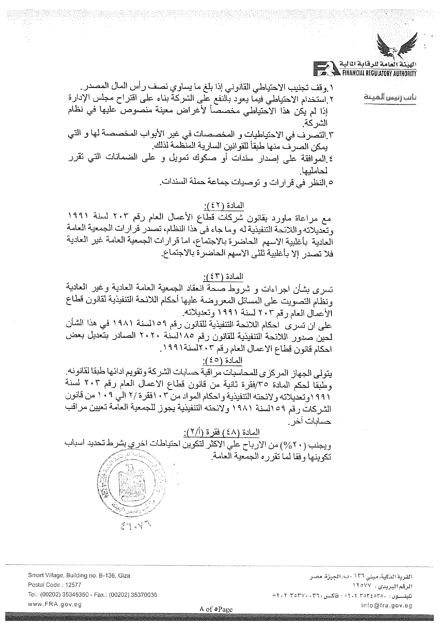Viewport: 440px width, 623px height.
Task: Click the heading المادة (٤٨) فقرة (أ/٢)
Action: (221, 433)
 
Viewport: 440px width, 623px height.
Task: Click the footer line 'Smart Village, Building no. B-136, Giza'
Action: (79, 576)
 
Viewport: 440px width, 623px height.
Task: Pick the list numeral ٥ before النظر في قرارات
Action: (329, 183)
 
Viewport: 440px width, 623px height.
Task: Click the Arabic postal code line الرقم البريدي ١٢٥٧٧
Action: (382, 584)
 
